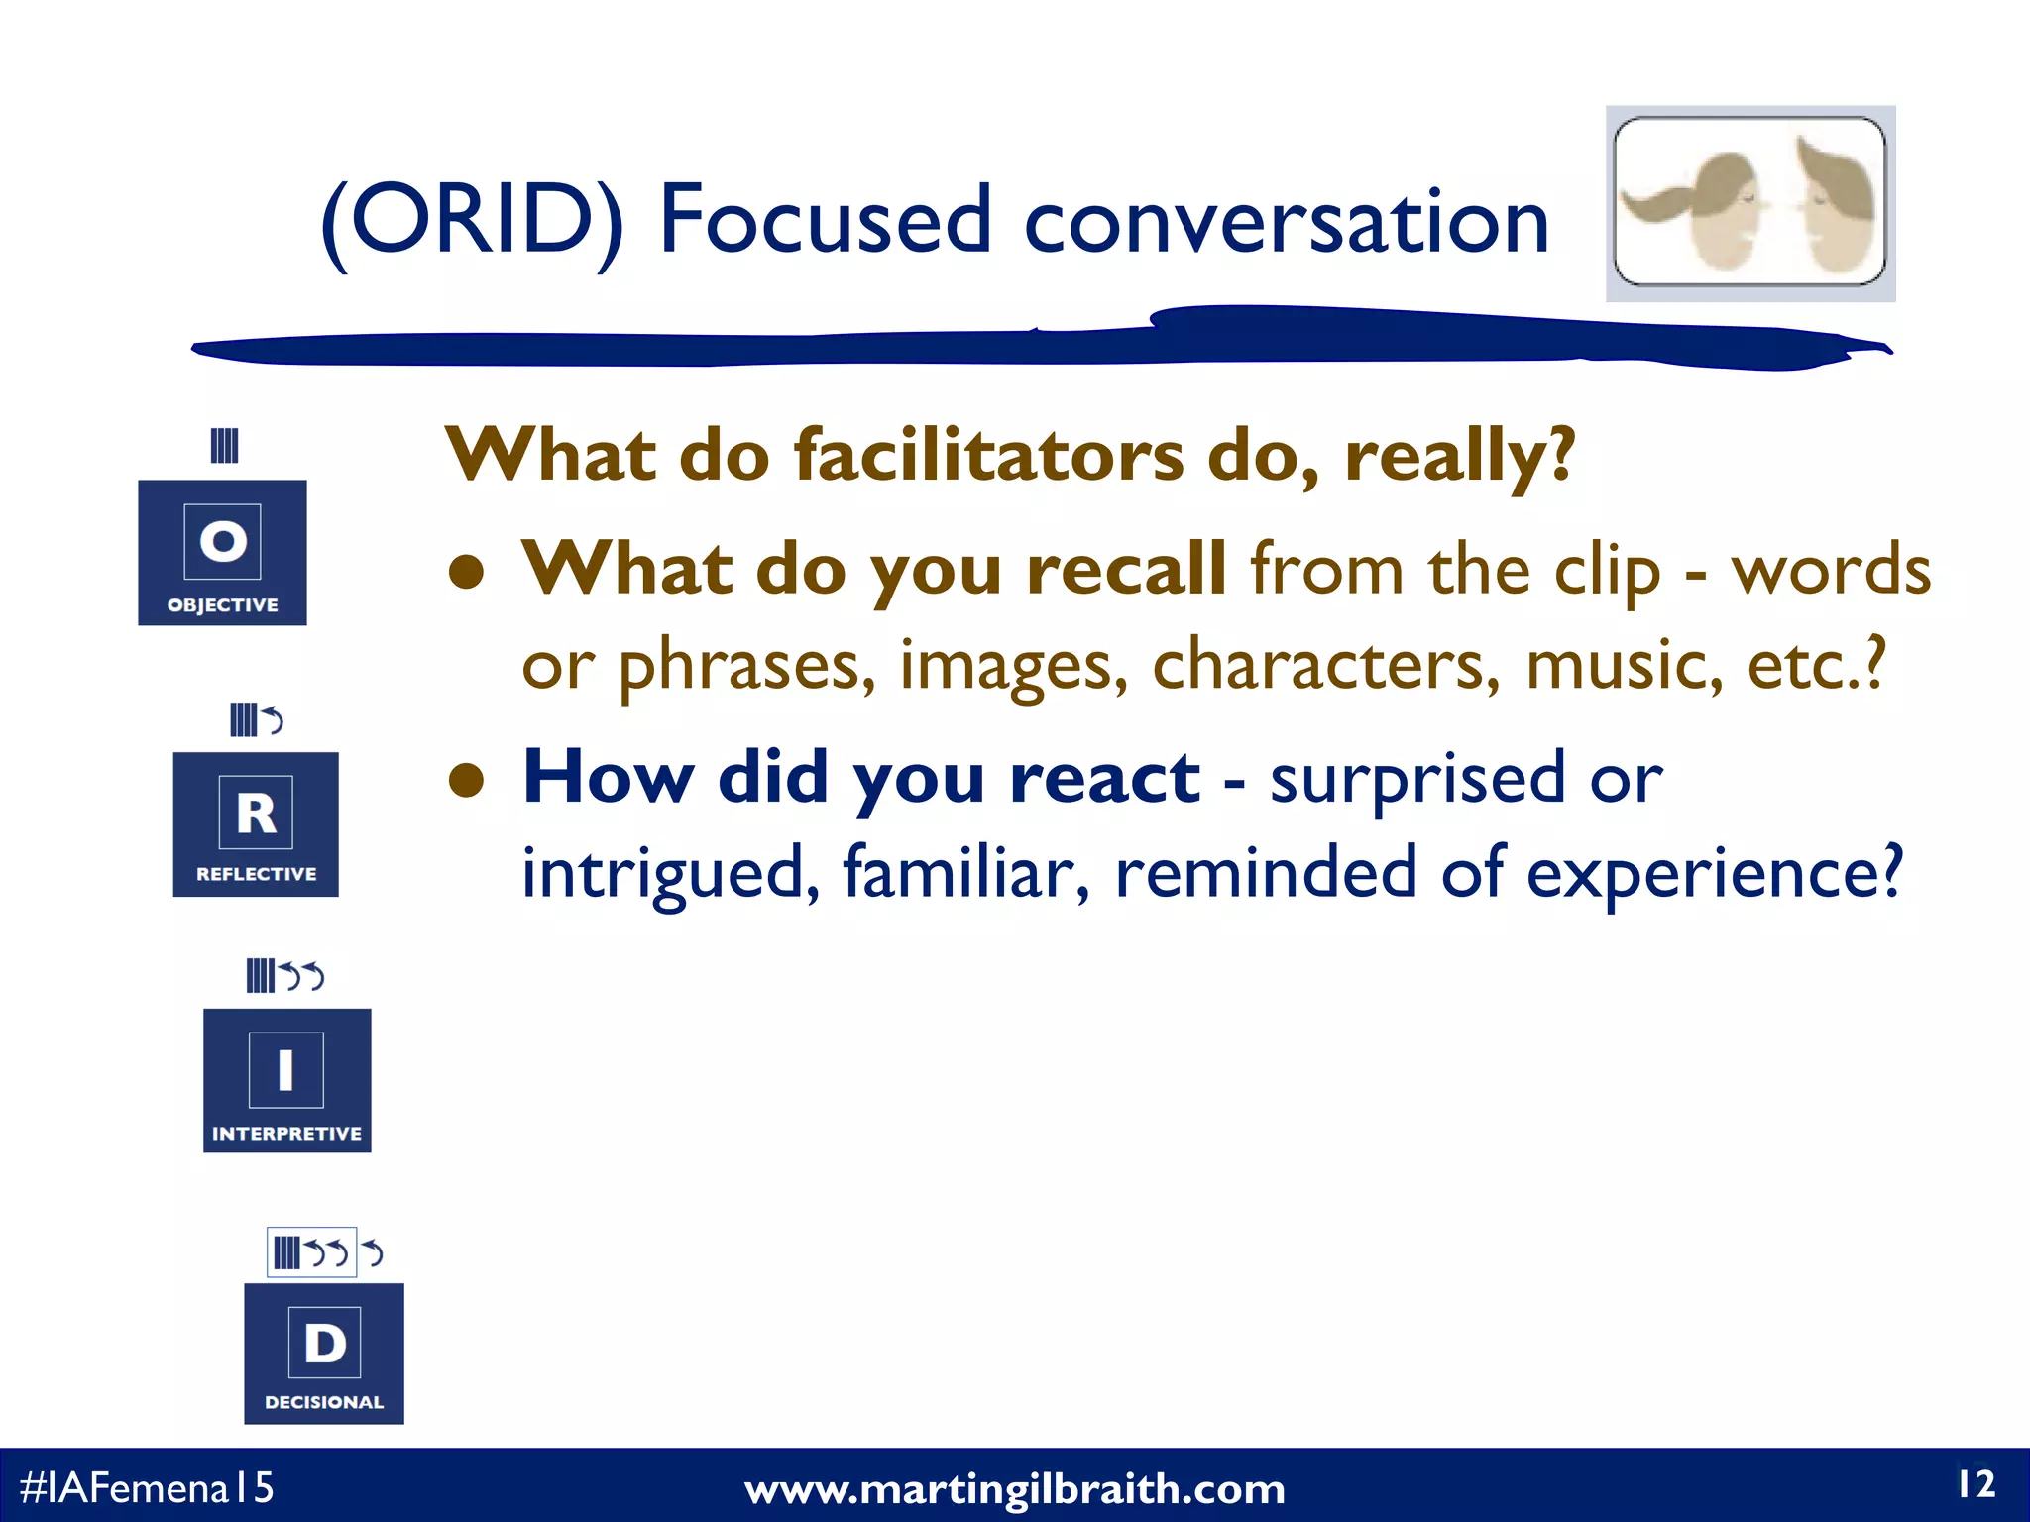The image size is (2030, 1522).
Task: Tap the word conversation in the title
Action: pyautogui.click(x=1286, y=222)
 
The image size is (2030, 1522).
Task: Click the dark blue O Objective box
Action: pyautogui.click(x=222, y=552)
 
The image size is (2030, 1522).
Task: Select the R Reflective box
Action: pyautogui.click(x=256, y=824)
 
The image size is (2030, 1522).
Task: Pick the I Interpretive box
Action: pyautogui.click(x=286, y=1080)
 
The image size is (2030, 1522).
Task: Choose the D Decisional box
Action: pyautogui.click(x=324, y=1354)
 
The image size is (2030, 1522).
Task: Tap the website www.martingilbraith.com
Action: pyautogui.click(x=1014, y=1489)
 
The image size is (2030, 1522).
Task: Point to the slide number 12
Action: pyautogui.click(x=1974, y=1484)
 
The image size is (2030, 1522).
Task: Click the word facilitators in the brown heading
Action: pyautogui.click(x=988, y=457)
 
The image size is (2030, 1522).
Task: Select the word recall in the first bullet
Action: pyautogui.click(x=1126, y=570)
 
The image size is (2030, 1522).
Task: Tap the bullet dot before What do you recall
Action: pyautogui.click(x=466, y=572)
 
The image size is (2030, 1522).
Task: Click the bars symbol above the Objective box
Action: pyautogui.click(x=224, y=446)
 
